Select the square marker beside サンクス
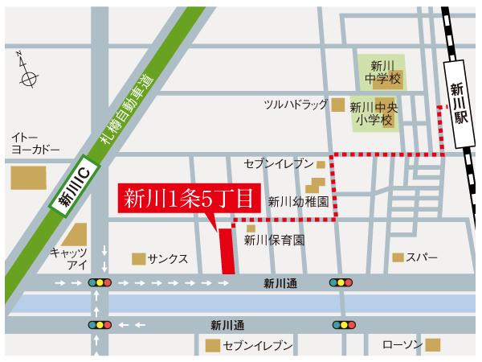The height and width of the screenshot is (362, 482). click(x=139, y=259)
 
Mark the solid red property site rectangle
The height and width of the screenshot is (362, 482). click(x=227, y=250)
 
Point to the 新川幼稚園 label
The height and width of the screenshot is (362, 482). click(x=296, y=203)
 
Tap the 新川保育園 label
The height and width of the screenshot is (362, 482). click(x=274, y=240)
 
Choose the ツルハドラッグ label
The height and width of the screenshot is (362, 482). click(x=296, y=105)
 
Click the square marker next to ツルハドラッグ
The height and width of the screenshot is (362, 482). click(x=338, y=105)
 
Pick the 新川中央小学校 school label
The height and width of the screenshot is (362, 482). click(x=376, y=114)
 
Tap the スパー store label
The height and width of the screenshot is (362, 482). click(x=422, y=257)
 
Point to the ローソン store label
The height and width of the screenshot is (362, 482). click(x=401, y=345)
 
